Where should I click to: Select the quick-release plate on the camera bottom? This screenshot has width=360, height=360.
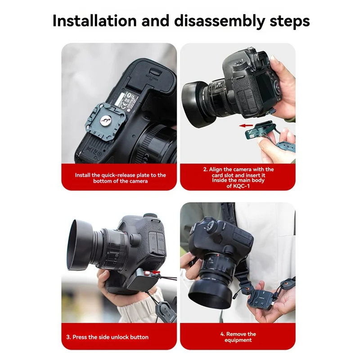pos(107,118)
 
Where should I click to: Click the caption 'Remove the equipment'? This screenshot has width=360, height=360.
pos(238,337)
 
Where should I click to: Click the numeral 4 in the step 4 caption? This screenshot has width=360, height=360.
pos(222,334)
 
